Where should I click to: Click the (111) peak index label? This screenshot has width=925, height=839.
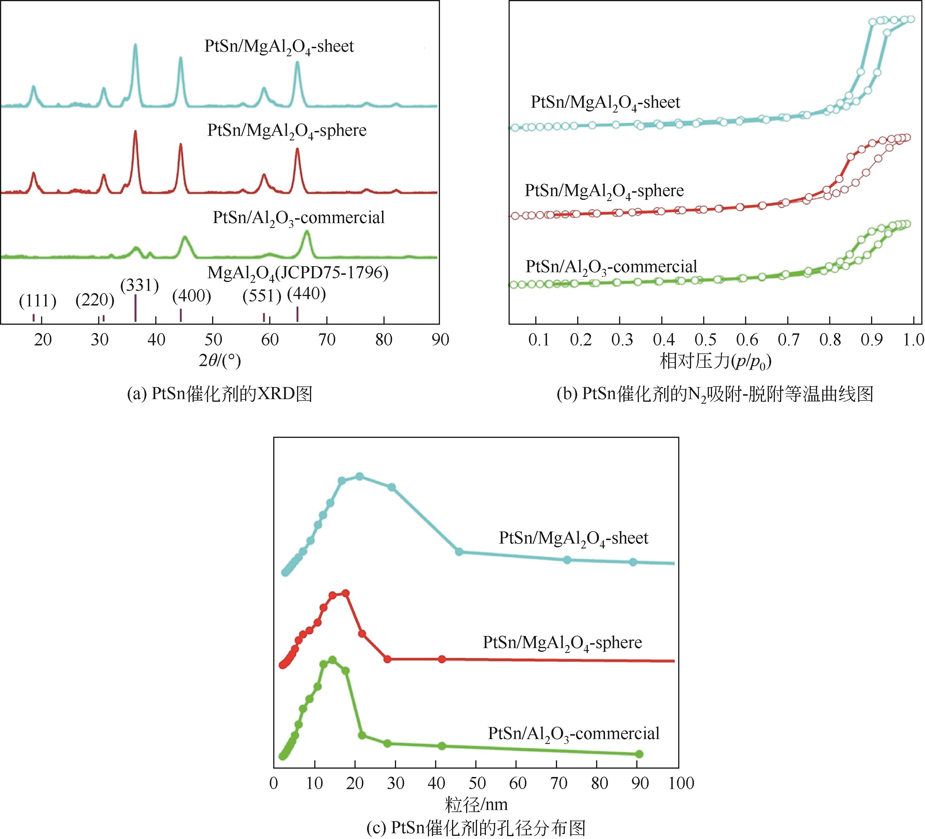click(38, 301)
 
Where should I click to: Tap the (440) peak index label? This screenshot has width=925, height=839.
click(307, 294)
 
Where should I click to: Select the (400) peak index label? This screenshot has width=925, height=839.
click(192, 296)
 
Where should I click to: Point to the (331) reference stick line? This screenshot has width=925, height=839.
click(135, 308)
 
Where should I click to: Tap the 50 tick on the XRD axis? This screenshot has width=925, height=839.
click(213, 340)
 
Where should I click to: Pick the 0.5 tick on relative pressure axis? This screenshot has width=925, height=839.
click(705, 340)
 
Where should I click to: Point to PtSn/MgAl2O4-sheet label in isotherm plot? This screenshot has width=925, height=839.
click(605, 102)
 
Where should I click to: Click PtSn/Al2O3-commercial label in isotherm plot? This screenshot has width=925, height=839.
click(611, 267)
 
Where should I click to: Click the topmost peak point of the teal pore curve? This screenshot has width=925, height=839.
click(360, 476)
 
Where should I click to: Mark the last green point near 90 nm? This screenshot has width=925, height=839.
click(639, 754)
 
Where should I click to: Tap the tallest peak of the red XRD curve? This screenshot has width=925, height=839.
click(135, 132)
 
